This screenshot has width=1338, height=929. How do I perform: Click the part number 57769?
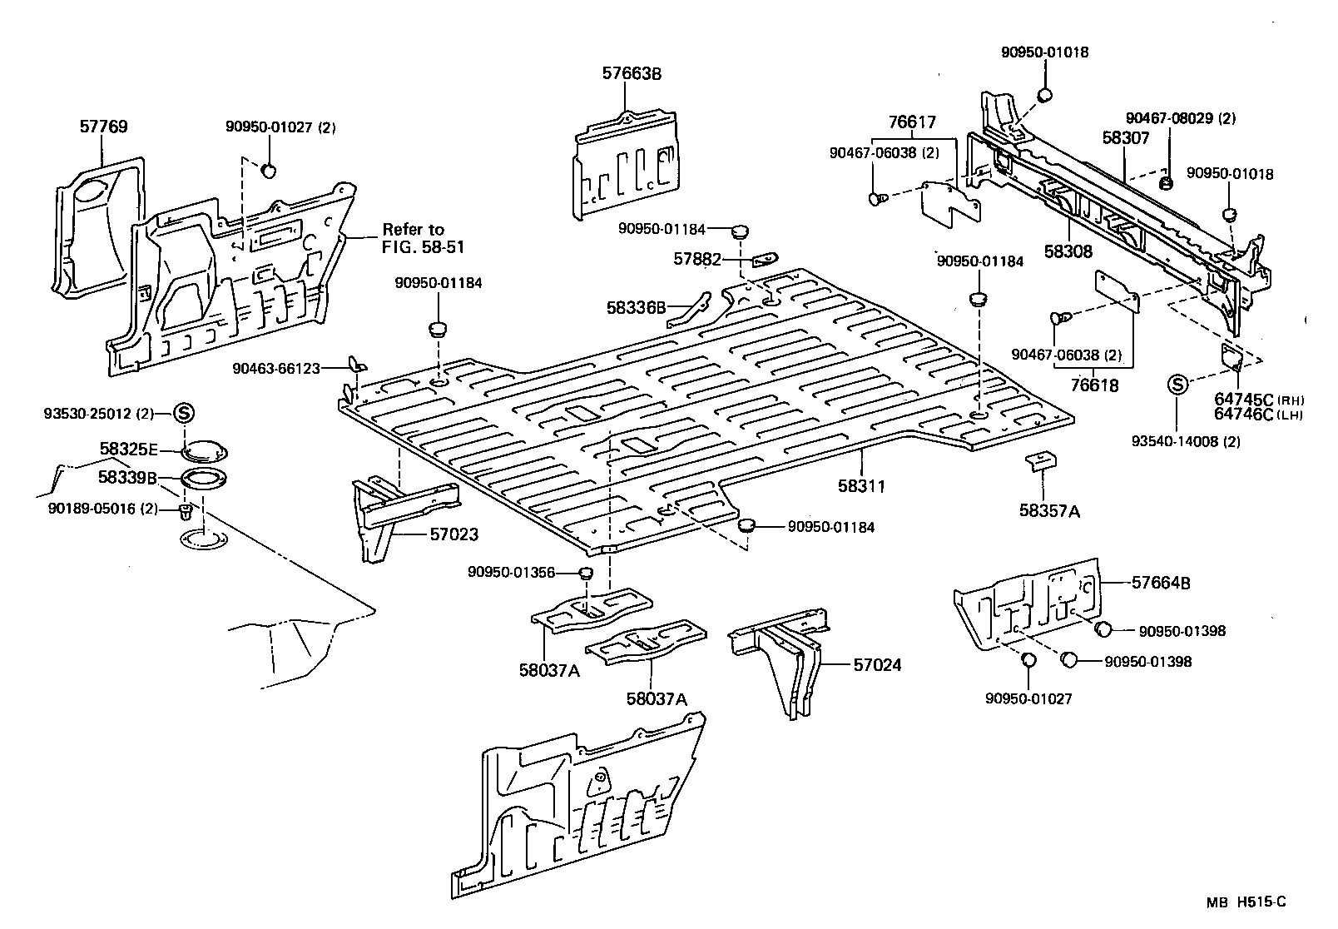(x=103, y=127)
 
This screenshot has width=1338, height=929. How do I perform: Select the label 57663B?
(x=632, y=73)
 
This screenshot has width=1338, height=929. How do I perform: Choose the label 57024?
(x=876, y=665)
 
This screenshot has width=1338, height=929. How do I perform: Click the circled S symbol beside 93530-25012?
(x=184, y=412)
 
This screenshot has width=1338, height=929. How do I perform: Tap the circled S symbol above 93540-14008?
(x=1177, y=385)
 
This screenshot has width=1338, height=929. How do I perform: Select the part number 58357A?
(x=1048, y=511)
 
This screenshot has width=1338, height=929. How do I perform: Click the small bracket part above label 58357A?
(x=1040, y=460)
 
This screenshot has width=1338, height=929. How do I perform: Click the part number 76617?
(x=912, y=122)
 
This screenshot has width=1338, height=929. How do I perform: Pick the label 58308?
(x=1068, y=251)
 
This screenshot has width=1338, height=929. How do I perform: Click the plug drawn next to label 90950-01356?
(x=585, y=573)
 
